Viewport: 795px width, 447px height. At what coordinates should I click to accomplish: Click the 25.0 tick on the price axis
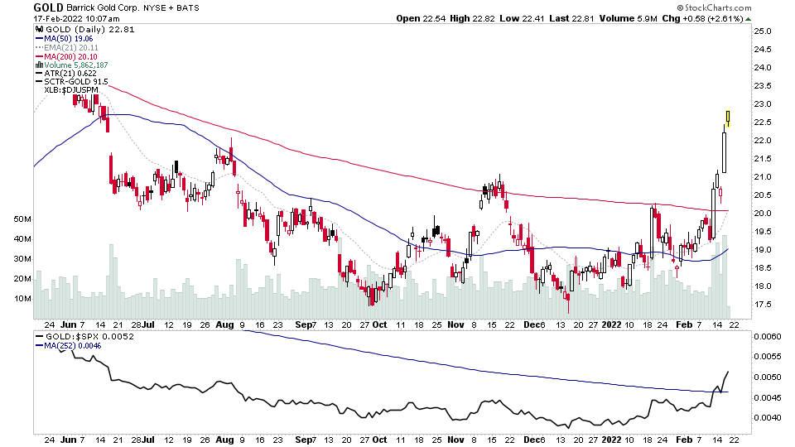coord(763,31)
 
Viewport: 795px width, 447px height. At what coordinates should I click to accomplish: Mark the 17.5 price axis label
coord(763,305)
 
